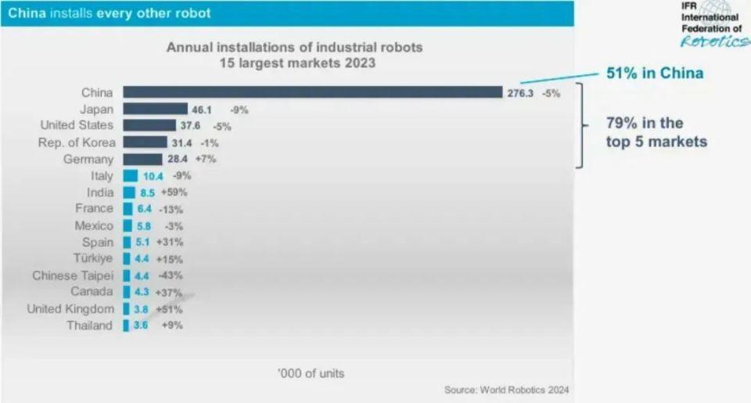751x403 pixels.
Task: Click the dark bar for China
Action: [x=312, y=92]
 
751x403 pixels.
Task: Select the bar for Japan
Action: [x=155, y=109]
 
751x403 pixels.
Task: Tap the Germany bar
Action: [x=142, y=159]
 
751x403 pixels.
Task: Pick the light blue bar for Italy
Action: [x=130, y=176]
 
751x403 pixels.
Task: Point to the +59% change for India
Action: [x=174, y=193]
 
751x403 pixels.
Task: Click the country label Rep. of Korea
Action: [x=77, y=142]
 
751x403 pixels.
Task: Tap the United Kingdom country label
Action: [x=70, y=309]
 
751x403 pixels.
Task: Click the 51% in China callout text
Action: [x=655, y=74]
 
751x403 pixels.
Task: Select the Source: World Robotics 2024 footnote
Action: [x=506, y=390]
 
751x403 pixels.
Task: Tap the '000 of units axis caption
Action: [x=311, y=372]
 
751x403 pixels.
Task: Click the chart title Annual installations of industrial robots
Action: [x=294, y=48]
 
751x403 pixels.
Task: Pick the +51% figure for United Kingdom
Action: [x=170, y=309]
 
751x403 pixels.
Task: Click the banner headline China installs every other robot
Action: [x=109, y=13]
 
